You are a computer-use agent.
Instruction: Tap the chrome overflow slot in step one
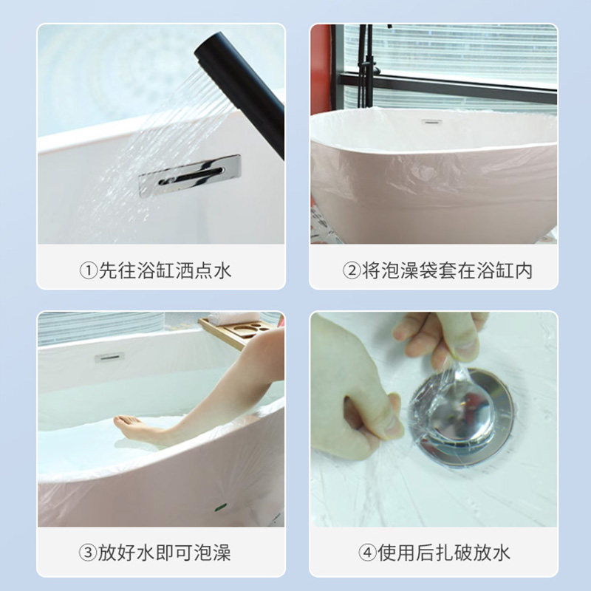pos(189,175)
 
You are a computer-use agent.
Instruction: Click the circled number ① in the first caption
pos(88,270)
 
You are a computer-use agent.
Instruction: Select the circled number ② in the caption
pos(351,270)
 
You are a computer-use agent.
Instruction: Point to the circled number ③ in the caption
pos(88,553)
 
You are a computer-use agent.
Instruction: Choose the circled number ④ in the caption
pos(367,553)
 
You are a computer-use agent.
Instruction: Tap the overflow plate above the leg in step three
pos(109,358)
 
